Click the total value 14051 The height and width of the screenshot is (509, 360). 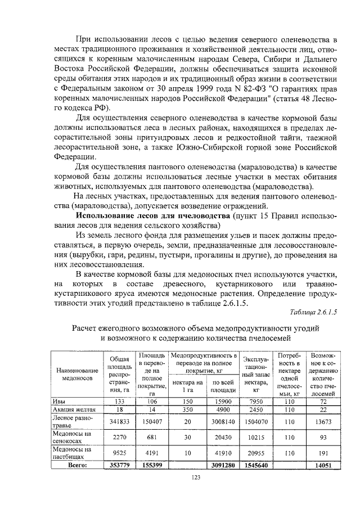coord(323,465)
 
